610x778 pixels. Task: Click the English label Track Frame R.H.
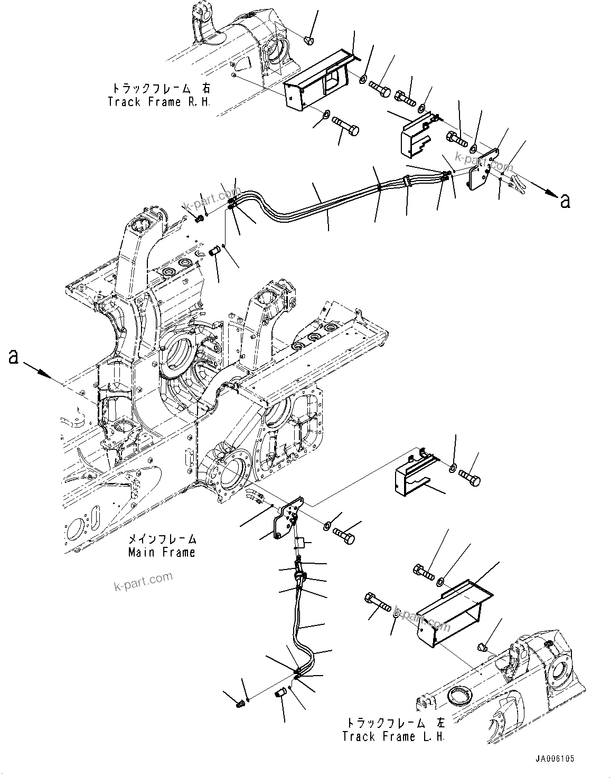[x=158, y=102]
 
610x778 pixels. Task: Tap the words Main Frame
[x=162, y=552]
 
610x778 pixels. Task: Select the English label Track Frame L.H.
[x=393, y=736]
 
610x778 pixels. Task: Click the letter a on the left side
[x=13, y=357]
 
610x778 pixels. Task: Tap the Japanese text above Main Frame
[x=162, y=539]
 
